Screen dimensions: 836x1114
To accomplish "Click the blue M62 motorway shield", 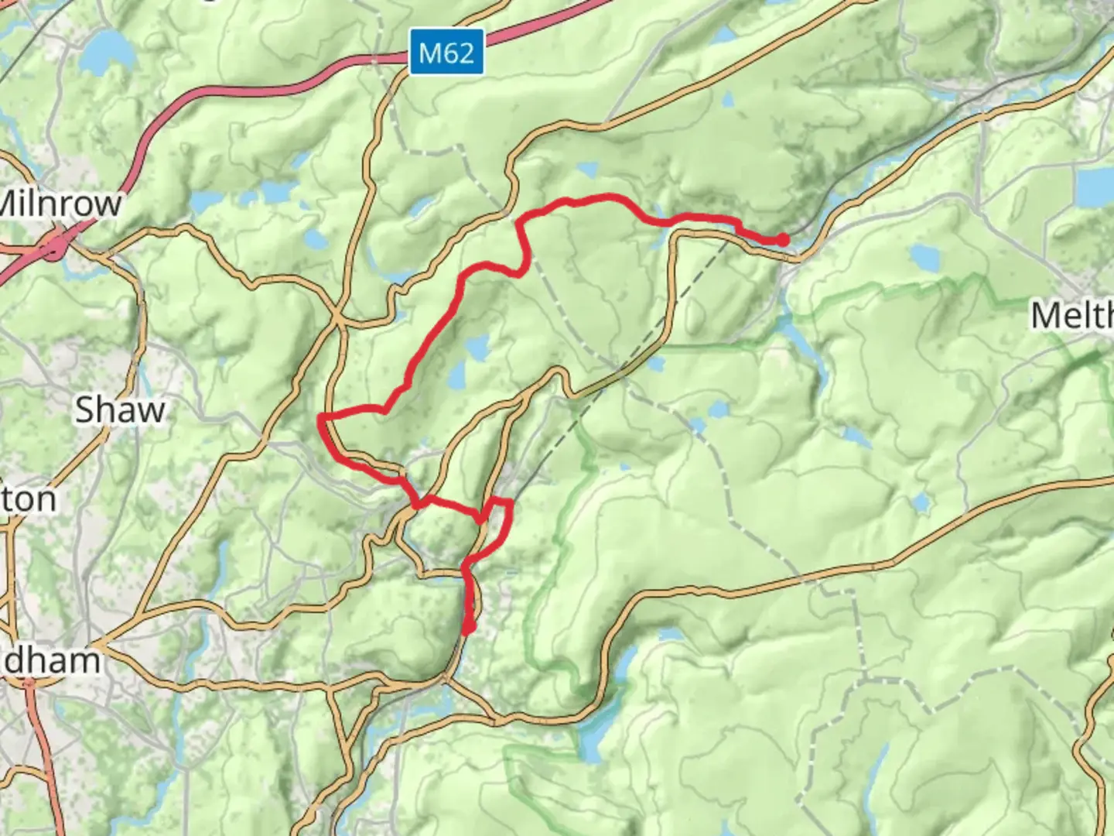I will click(x=446, y=53).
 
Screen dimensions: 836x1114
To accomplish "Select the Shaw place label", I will click(x=120, y=409).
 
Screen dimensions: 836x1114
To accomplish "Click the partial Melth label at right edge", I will click(x=1072, y=316).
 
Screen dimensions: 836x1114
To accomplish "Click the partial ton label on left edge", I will click(x=29, y=499).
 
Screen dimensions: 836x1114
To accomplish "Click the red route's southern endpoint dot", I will click(x=468, y=629).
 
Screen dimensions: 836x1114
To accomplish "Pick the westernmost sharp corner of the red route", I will click(x=320, y=418).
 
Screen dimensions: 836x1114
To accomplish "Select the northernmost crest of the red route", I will click(x=607, y=197).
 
